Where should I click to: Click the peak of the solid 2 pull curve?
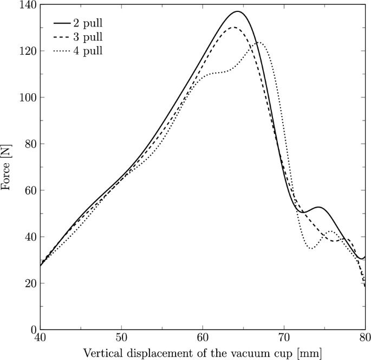click(237, 11)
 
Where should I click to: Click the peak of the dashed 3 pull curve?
click(234, 27)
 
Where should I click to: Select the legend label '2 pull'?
click(88, 24)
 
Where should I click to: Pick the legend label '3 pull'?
click(88, 38)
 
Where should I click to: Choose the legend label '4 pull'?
click(88, 52)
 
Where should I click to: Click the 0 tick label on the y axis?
click(31, 330)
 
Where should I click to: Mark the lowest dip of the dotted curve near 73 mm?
click(310, 248)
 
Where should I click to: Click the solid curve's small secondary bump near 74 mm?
click(318, 207)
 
